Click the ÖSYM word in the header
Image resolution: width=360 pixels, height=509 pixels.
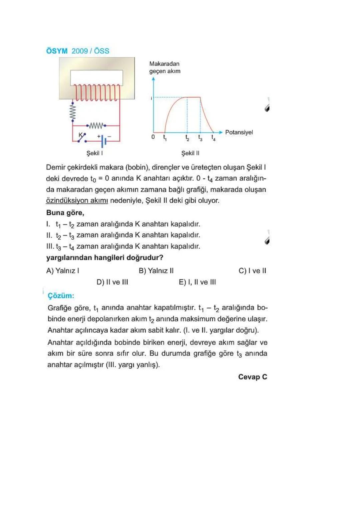pos(57,51)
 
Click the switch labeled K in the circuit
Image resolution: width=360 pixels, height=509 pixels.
pos(82,138)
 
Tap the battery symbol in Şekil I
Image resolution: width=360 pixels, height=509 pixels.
pos(104,141)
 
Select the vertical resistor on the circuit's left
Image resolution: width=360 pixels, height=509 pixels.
pos(73,111)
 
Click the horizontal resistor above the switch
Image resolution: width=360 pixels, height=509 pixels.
pos(96,126)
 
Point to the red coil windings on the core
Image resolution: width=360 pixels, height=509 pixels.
pos(96,92)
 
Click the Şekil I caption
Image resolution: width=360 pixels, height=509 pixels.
pos(94,153)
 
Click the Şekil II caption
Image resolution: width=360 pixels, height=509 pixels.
pos(190,153)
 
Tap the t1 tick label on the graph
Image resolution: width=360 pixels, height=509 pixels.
pos(165,137)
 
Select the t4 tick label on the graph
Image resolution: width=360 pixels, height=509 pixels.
pos(213,137)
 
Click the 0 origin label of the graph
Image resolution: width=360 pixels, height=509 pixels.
pos(153,137)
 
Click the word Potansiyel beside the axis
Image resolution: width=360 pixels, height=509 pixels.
pos(239,132)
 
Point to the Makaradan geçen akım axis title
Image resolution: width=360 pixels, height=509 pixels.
pos(165,67)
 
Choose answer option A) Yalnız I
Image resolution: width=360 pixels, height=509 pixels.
pos(63,271)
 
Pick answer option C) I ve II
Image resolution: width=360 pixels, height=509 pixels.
pos(252,271)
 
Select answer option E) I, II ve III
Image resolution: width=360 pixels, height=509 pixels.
pos(197,282)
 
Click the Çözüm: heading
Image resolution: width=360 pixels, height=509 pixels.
pos(61,296)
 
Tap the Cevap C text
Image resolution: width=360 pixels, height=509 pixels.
pos(252,377)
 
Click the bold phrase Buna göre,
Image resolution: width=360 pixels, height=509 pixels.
pos(65,213)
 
